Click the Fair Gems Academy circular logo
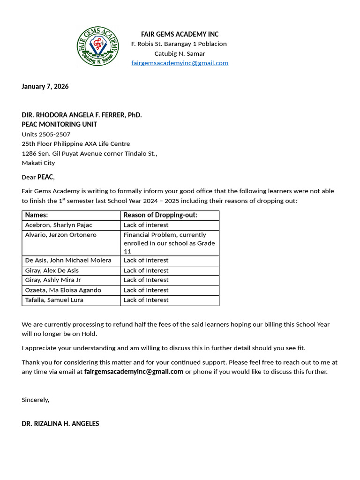[98, 46]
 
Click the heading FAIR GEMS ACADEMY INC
[180, 34]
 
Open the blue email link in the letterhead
[180, 63]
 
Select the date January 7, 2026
[45, 86]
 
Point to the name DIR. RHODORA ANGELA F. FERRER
[82, 115]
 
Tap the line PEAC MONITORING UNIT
[60, 124]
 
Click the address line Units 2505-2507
[46, 134]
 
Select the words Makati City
[38, 163]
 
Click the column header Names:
[37, 215]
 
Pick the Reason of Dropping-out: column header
[160, 215]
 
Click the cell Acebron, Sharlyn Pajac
[59, 225]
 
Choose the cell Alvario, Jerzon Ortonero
[61, 235]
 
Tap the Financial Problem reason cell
[169, 243]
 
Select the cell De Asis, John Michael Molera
[68, 260]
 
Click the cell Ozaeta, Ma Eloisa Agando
[63, 290]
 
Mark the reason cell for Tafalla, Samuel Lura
[146, 300]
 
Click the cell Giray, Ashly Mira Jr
[53, 280]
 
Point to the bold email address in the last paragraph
[134, 372]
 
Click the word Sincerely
[35, 400]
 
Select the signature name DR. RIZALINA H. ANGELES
[60, 423]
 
